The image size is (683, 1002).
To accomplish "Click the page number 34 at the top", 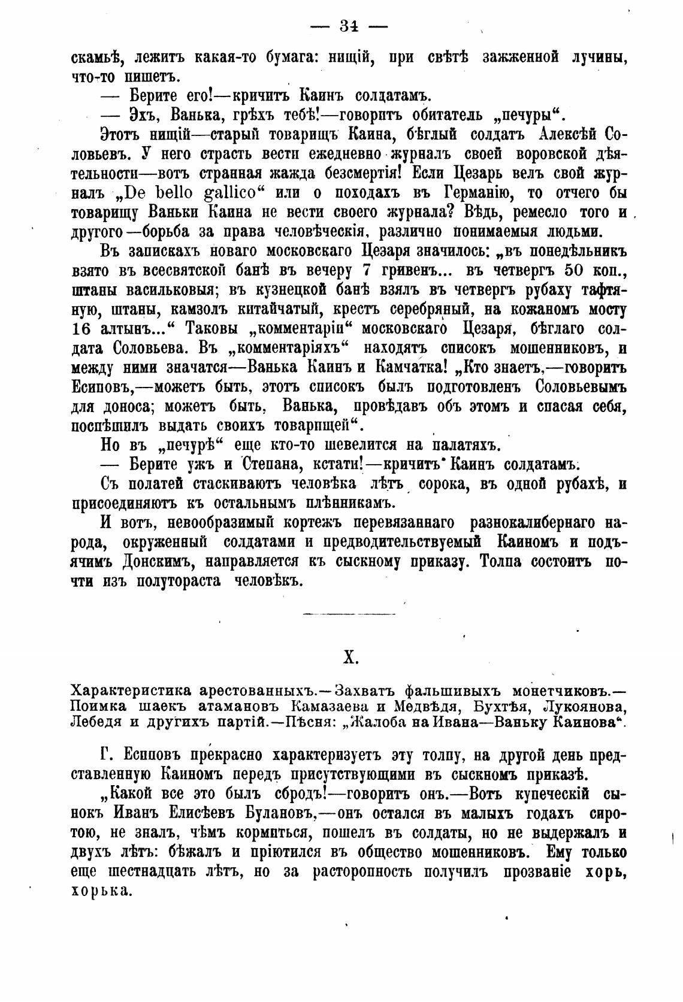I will pos(349,26).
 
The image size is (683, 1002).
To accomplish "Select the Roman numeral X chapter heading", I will pos(350,658).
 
